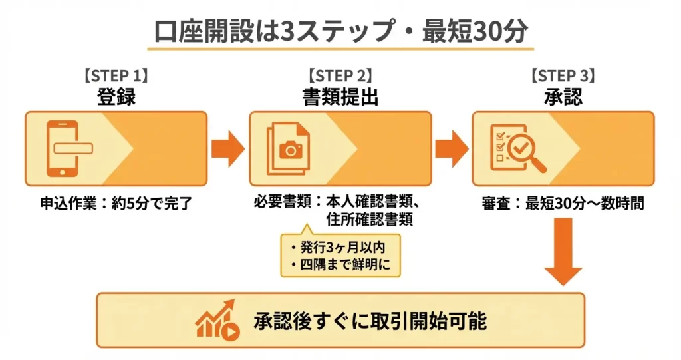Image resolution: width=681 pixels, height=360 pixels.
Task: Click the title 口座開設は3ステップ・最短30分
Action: (340, 31)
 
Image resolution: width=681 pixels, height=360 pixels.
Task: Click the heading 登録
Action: (116, 97)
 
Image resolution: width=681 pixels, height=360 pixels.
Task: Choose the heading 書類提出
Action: (340, 97)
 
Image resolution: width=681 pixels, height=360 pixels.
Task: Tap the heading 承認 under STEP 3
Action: (563, 97)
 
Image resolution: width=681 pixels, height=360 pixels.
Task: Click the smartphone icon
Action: (65, 148)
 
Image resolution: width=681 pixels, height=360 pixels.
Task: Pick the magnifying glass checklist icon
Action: (517, 148)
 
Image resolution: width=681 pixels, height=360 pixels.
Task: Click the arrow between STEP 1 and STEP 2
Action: (228, 148)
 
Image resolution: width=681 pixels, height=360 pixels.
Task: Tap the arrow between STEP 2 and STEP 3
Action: (452, 148)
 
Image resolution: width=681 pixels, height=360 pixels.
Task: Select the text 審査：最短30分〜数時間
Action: (563, 204)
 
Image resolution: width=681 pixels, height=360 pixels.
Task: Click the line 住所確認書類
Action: (369, 220)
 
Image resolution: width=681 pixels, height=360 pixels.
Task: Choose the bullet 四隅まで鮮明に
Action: (341, 265)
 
